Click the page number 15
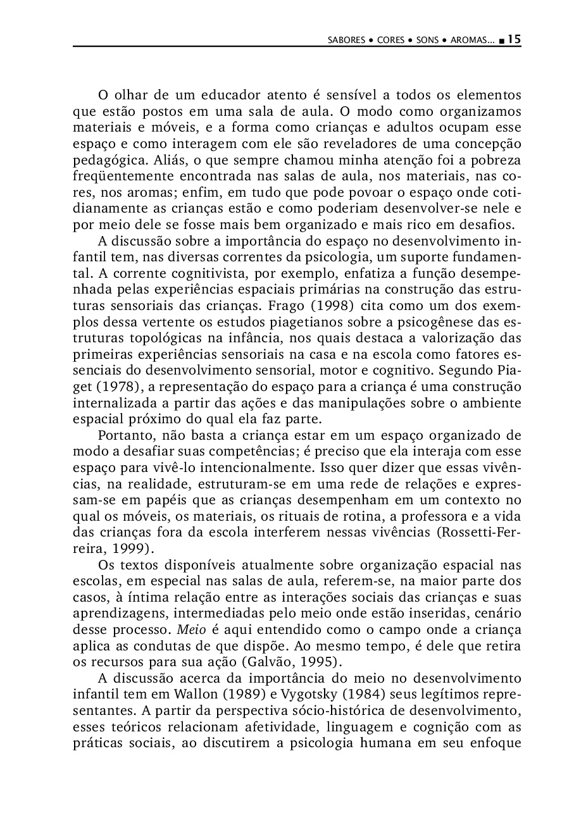(x=514, y=39)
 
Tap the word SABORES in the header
(x=347, y=40)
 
